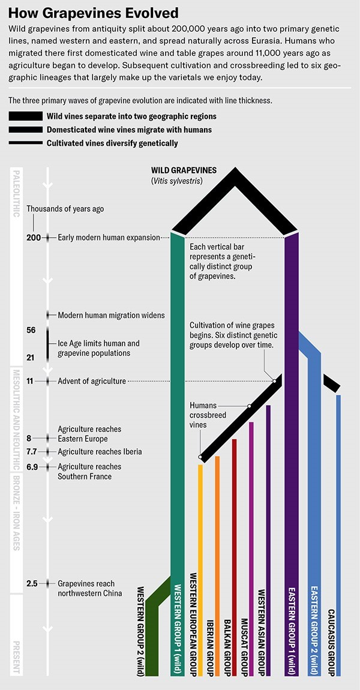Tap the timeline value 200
tap(34, 238)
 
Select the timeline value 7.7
tap(33, 452)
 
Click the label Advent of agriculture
tap(92, 381)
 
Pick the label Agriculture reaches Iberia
tap(100, 452)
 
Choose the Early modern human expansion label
tap(109, 238)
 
